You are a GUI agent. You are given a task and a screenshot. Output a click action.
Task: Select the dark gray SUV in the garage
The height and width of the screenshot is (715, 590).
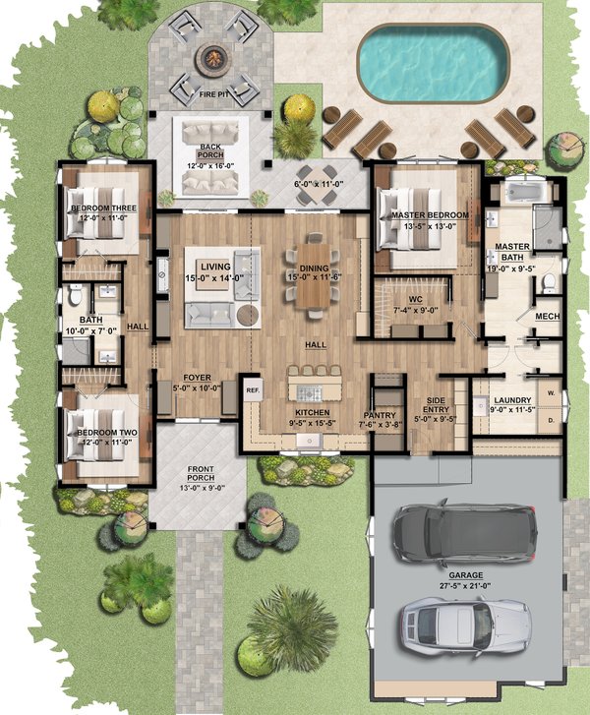coord(464,533)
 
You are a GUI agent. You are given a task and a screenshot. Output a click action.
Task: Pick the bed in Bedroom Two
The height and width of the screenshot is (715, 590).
coord(94,433)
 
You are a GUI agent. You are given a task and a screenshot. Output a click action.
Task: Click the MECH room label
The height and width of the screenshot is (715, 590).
coord(547,317)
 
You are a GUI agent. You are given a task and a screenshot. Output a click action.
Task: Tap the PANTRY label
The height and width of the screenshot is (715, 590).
coord(379,415)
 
